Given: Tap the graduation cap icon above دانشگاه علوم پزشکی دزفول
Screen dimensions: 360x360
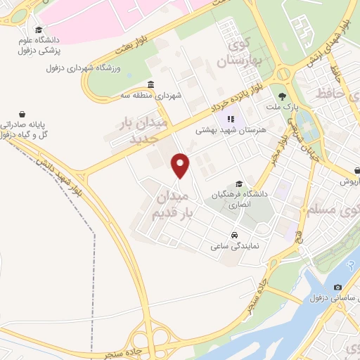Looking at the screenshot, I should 38,30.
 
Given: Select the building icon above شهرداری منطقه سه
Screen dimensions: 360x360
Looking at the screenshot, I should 152,85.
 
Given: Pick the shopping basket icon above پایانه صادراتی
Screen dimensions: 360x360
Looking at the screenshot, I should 23,113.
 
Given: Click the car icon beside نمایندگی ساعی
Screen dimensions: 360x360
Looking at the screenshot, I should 233,235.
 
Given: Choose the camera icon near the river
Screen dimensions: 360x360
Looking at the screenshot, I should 337,288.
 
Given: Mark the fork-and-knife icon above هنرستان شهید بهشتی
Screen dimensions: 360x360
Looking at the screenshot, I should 230,118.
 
